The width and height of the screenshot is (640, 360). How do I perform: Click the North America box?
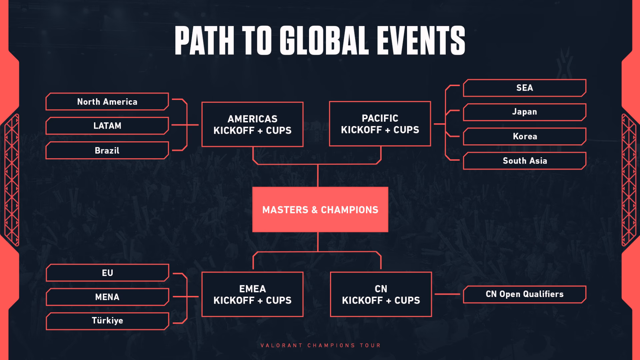tap(107, 102)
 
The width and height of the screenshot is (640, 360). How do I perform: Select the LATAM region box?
tap(107, 126)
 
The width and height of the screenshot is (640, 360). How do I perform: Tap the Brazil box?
tap(107, 150)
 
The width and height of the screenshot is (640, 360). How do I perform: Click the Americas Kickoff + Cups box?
tap(252, 124)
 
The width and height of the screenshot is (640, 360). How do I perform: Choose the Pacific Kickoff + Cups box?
tap(380, 124)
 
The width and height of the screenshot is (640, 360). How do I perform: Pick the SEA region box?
tap(525, 88)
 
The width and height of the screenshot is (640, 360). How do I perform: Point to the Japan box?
tap(525, 112)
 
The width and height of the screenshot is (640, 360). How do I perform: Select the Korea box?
tap(525, 136)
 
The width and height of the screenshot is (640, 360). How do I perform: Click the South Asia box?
tap(525, 161)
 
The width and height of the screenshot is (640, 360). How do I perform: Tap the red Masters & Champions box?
tap(320, 209)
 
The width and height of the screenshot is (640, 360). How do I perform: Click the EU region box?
tap(107, 273)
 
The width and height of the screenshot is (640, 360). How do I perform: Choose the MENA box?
tap(107, 297)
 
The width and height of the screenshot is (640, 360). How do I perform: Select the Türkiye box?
tap(107, 321)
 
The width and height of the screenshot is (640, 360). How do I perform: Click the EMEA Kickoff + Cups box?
tap(252, 294)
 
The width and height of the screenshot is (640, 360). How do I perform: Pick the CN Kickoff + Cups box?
tap(381, 294)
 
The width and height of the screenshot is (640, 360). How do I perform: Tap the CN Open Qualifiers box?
tap(525, 294)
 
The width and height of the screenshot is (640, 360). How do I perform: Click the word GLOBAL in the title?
tap(324, 40)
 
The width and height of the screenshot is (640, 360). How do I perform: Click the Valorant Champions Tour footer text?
tap(320, 345)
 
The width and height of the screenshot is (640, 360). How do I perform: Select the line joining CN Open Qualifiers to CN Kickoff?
tap(447, 294)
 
